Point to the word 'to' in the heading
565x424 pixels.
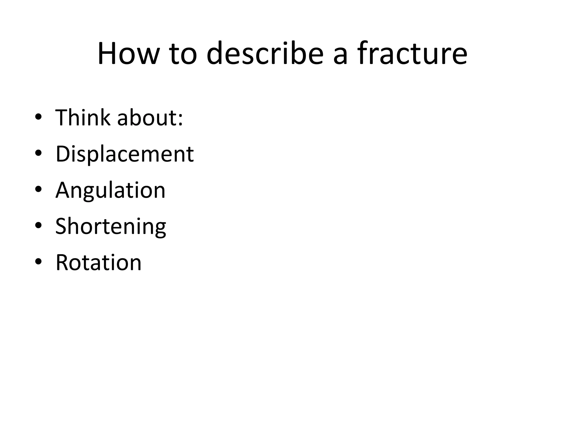(183, 54)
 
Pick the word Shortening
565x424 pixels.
(111, 226)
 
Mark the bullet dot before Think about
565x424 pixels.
(38, 117)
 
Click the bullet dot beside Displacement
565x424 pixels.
(38, 153)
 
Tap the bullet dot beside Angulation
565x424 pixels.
(38, 189)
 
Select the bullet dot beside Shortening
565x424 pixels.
(38, 226)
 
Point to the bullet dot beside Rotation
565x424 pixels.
(38, 262)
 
